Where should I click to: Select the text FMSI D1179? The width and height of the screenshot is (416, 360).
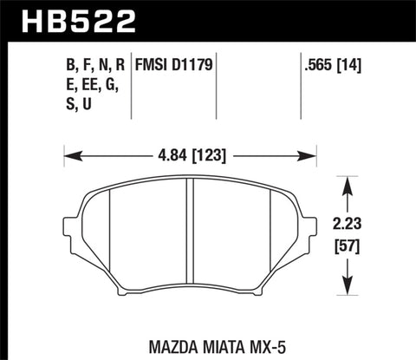pos(173,63)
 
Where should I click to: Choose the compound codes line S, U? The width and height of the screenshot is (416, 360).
pos(77,105)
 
